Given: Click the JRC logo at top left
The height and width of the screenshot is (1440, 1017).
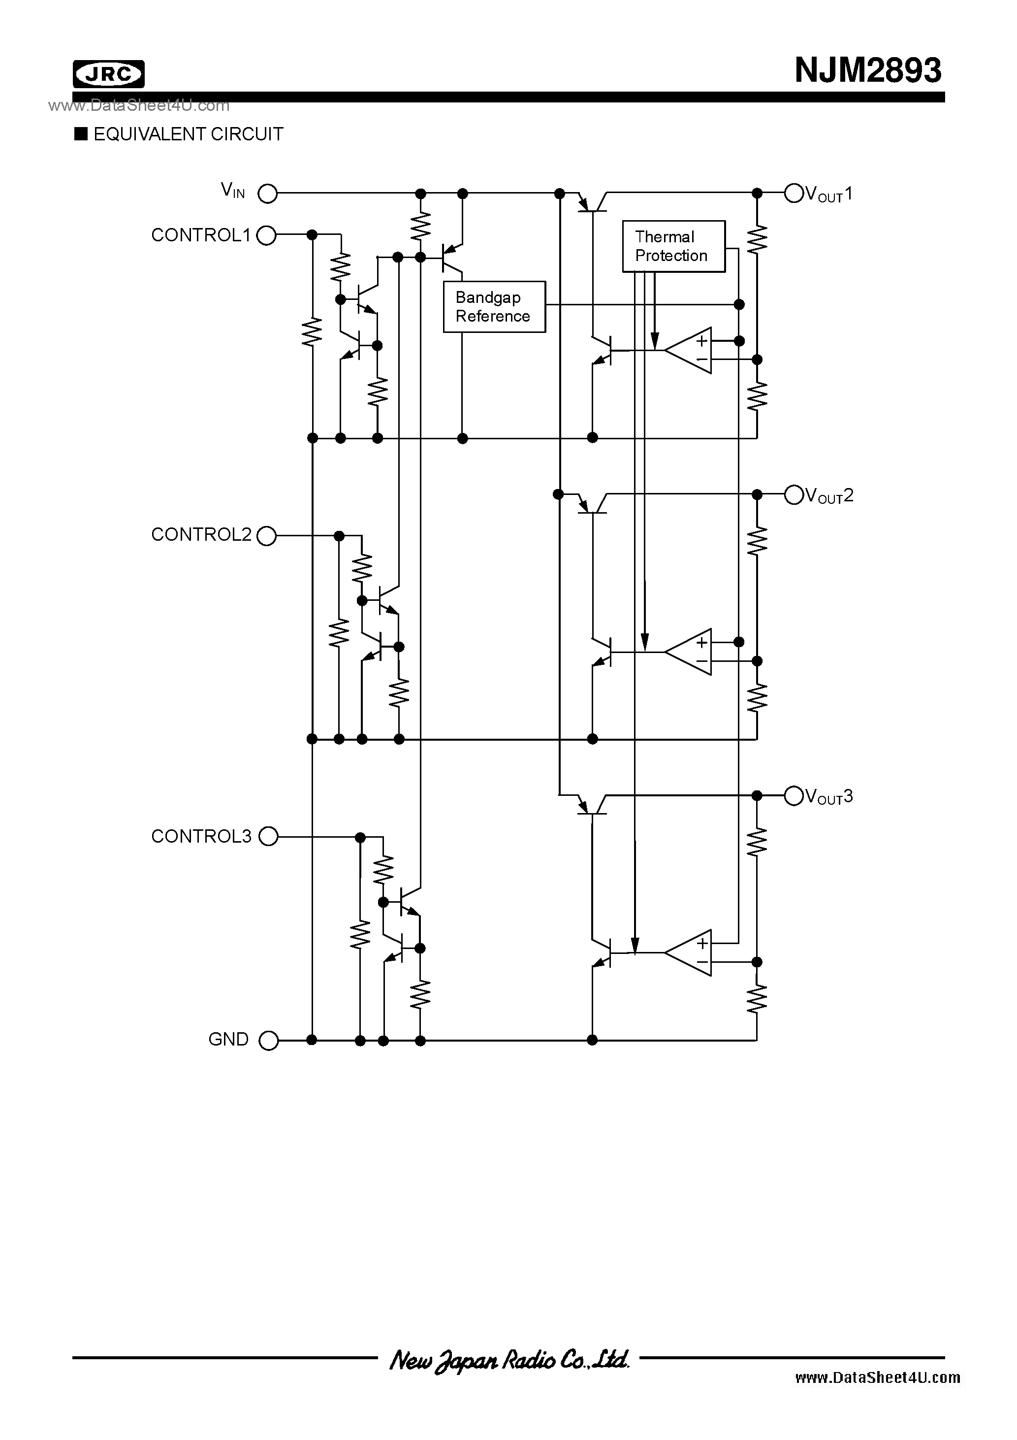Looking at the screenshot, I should coord(108,74).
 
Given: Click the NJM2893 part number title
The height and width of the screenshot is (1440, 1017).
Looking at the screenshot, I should coord(867,70).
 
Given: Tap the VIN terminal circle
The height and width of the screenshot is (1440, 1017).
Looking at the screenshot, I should coord(268,194).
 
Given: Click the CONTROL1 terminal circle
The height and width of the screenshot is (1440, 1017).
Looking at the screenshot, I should coord(266,235).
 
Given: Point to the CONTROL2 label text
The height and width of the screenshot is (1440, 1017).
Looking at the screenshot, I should coord(201,534).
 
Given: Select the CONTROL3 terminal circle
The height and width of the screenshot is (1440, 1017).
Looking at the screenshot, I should coord(268,836).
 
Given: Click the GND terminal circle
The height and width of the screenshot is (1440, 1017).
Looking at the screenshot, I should coord(268,1041).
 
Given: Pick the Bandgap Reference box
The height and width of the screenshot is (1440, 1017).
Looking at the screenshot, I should coord(494,307).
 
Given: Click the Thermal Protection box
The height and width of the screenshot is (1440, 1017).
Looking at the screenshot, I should coord(673,246).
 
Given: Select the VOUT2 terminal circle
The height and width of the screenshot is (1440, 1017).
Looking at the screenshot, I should coord(794,495).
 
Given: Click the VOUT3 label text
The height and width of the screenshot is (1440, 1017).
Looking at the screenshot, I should coord(829,796).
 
